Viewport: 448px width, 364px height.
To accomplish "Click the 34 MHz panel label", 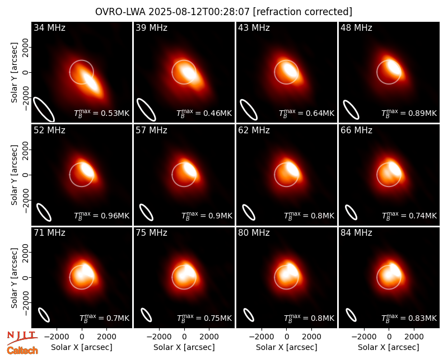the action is (x=49, y=27).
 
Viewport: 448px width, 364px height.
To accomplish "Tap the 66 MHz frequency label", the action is (x=356, y=130).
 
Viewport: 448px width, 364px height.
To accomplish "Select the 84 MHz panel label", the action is (x=356, y=233).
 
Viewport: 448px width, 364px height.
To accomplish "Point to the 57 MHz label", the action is (x=151, y=130).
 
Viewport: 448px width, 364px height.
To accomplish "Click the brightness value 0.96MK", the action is (x=115, y=216).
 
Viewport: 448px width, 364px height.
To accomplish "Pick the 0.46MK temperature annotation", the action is (x=217, y=114).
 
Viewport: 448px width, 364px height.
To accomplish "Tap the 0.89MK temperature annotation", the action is (x=423, y=114).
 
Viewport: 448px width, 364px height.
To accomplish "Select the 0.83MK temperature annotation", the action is (x=423, y=318).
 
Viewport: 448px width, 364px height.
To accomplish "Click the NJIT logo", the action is (x=22, y=338).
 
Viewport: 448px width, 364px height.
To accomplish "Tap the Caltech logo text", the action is (x=22, y=351).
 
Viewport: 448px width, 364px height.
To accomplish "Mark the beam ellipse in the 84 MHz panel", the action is (x=351, y=315).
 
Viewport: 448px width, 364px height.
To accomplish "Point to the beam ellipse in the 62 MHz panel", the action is (x=249, y=213).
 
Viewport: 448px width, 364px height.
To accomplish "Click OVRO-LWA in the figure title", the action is (x=120, y=12).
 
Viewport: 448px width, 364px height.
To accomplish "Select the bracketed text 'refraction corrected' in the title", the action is (x=303, y=12).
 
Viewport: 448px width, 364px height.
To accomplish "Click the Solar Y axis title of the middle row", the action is (x=14, y=175).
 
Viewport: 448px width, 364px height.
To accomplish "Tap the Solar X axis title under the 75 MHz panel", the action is (x=184, y=347).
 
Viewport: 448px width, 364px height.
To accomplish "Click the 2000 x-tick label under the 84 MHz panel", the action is (x=414, y=337).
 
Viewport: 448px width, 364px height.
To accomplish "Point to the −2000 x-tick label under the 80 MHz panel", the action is (x=262, y=337).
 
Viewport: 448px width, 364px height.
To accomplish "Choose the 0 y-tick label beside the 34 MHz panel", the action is (x=26, y=72).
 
